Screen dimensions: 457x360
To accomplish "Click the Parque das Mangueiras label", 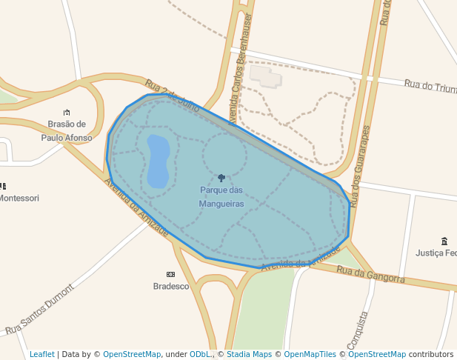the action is pos(221,196).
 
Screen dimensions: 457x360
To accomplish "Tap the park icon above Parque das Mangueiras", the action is pos(221,178).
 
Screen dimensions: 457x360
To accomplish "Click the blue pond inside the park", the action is pos(158,160).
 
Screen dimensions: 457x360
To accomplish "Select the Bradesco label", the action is pos(171,286).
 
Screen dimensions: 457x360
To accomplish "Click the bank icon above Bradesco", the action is pos(171,274).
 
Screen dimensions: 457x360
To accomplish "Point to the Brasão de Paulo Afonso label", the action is pos(67,131).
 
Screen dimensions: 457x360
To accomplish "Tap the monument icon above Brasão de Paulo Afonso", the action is pos(67,112).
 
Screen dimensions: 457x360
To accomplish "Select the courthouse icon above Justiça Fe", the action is pos(444,241).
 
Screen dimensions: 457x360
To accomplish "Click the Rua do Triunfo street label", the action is pos(430,86).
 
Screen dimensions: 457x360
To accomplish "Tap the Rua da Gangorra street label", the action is pos(371,274).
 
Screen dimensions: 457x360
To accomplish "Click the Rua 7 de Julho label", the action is pos(173,96).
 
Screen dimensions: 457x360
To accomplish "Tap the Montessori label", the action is pos(19,199).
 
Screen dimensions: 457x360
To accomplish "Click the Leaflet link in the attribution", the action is pos(42,355).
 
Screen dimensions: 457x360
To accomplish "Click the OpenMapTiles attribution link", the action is pos(310,355).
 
